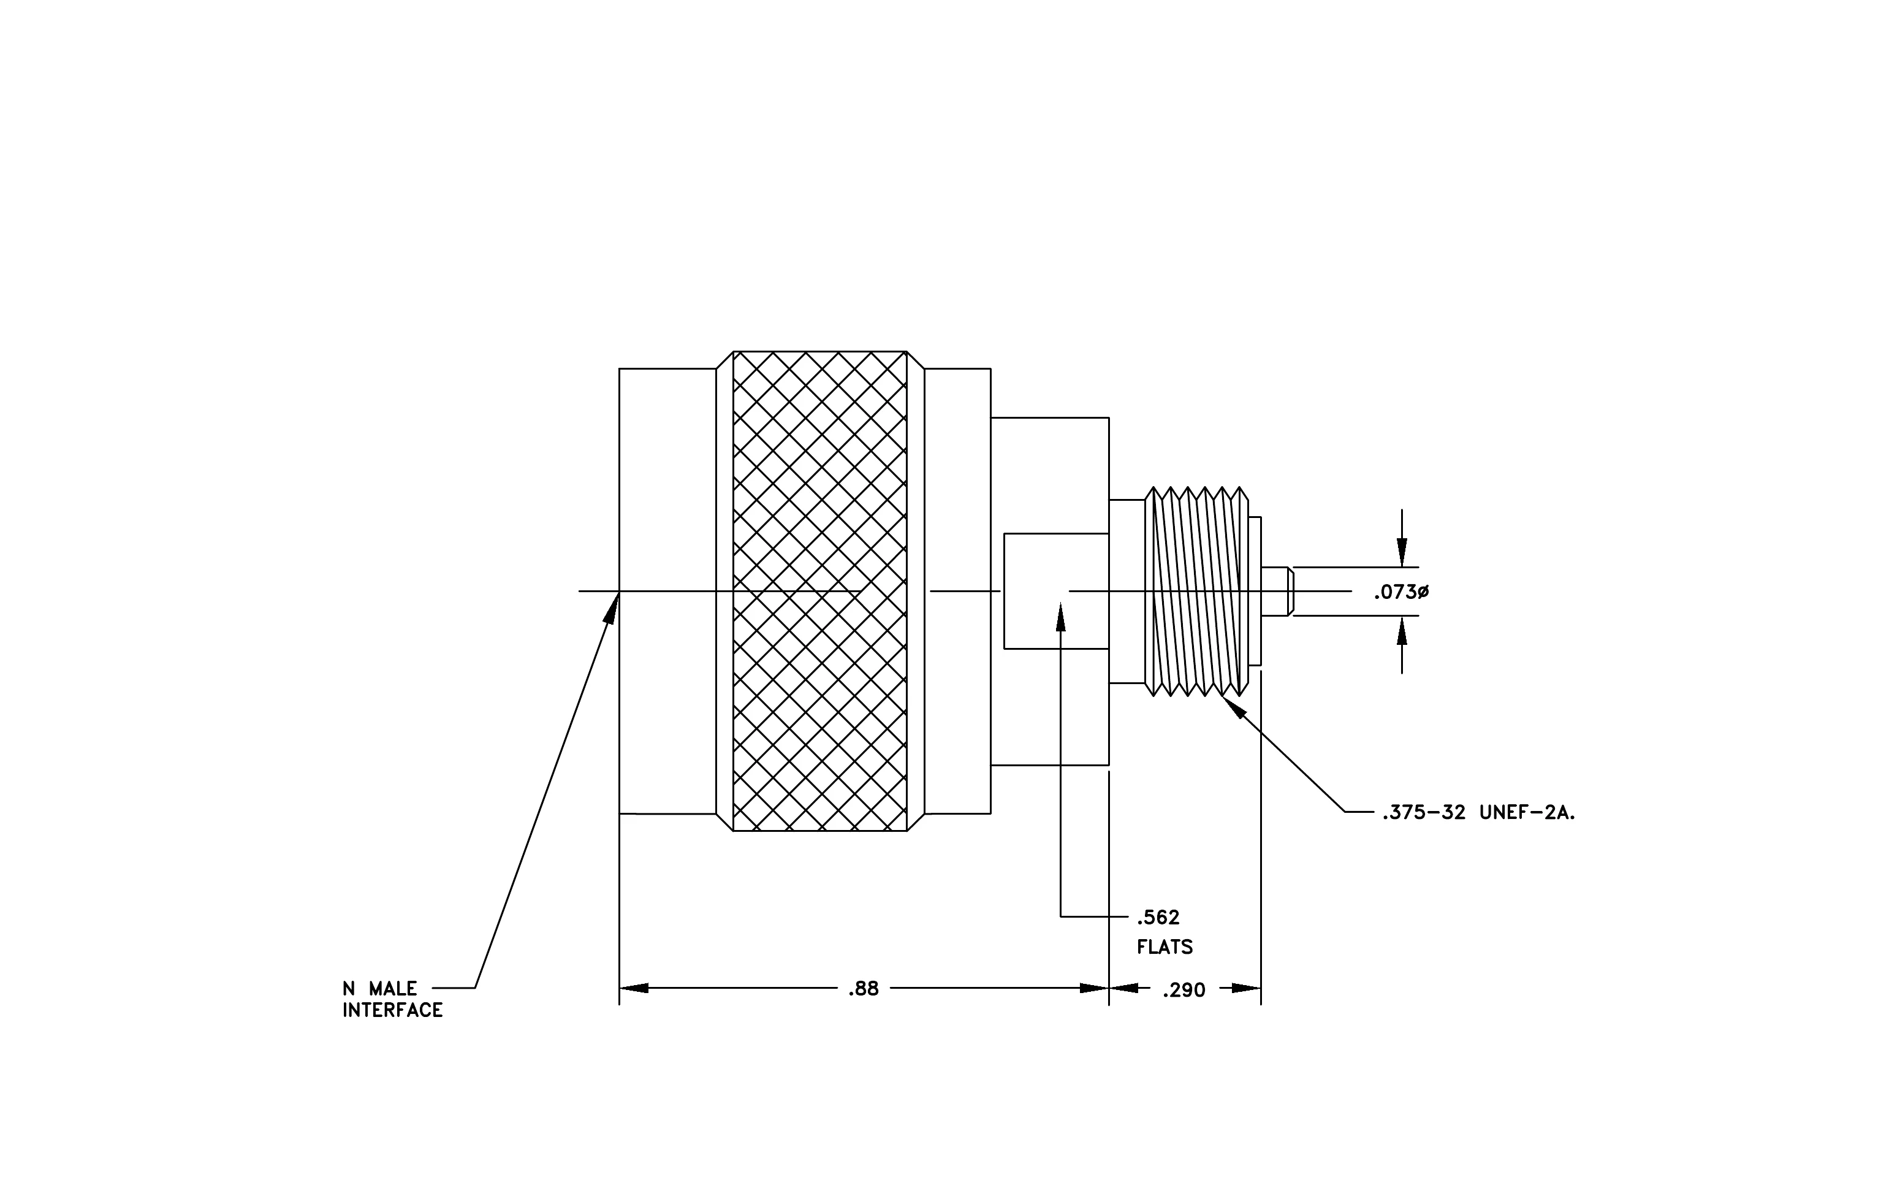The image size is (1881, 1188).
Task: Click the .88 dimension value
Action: coord(863,989)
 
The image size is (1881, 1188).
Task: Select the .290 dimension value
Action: coord(1184,991)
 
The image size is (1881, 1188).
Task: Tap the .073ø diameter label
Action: coord(1401,592)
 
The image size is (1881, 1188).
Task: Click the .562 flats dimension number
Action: coord(1158,917)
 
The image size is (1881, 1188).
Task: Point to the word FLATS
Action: coord(1165,948)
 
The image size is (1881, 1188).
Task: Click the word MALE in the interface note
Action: coord(393,989)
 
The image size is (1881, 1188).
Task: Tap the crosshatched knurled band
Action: coord(820,592)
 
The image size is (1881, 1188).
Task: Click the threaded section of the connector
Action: coord(1196,592)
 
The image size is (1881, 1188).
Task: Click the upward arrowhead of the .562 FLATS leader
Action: coord(1061,616)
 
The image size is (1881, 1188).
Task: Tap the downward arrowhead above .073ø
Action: coord(1402,552)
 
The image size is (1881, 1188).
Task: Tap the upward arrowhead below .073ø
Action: coord(1402,630)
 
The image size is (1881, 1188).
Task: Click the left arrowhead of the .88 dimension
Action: coord(634,988)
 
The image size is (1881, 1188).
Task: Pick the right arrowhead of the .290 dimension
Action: coord(1247,988)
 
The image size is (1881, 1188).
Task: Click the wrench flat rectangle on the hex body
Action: coord(1057,592)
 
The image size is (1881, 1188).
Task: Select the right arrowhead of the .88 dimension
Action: coord(1095,988)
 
